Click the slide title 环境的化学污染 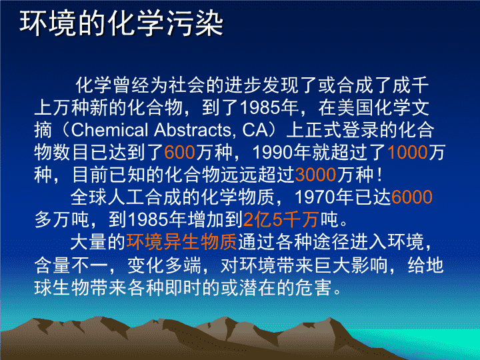(121, 23)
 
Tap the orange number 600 (180, 152)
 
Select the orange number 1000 (407, 152)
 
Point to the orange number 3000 (315, 175)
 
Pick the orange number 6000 (412, 197)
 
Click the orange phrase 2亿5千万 (281, 219)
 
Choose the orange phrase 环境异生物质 (182, 242)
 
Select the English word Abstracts (192, 130)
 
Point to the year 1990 (273, 152)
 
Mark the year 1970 (315, 197)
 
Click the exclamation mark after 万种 (380, 175)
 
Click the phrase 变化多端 (164, 265)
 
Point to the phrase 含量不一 (71, 265)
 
